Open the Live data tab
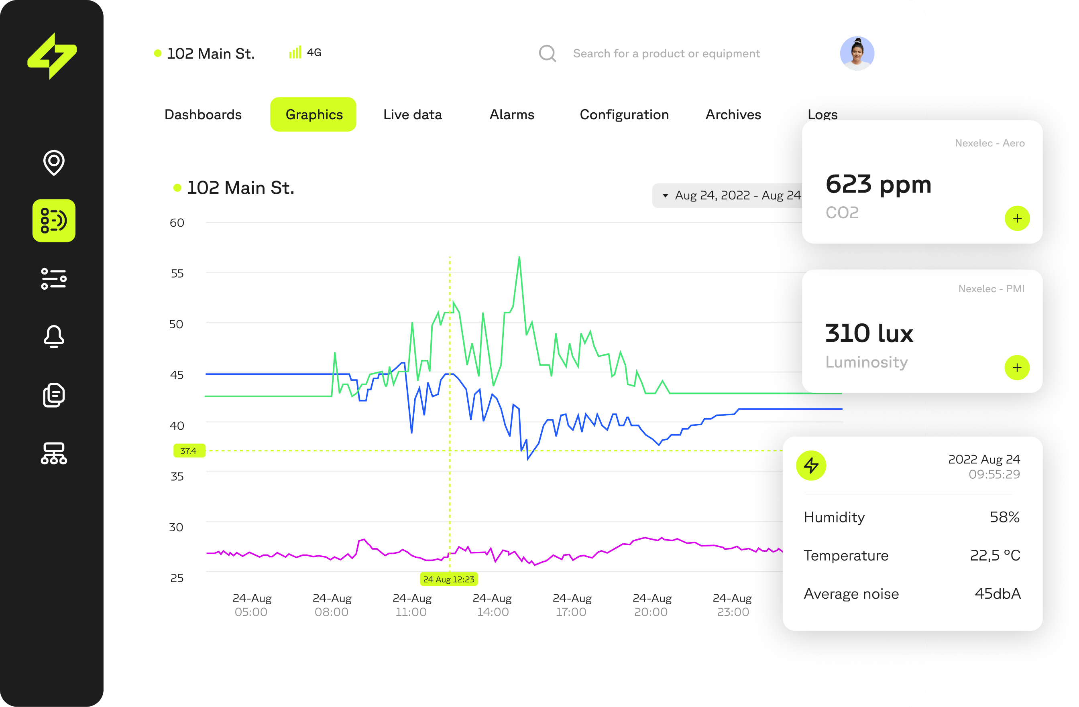[x=412, y=114]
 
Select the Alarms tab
[x=511, y=114]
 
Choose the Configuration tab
[x=624, y=114]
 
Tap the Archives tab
[x=733, y=114]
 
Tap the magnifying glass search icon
[x=547, y=53]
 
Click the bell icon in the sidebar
[x=53, y=336]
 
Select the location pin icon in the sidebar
[x=53, y=162]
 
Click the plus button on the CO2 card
[x=1017, y=218]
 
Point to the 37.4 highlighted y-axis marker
[x=189, y=451]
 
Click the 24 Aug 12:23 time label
[x=448, y=579]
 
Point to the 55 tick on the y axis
[x=177, y=273]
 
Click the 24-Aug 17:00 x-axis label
[x=572, y=605]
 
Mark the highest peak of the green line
[x=519, y=258]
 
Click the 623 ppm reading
[x=878, y=185]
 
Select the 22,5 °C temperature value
[x=995, y=555]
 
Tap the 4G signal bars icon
[x=295, y=53]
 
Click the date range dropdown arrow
[x=665, y=196]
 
